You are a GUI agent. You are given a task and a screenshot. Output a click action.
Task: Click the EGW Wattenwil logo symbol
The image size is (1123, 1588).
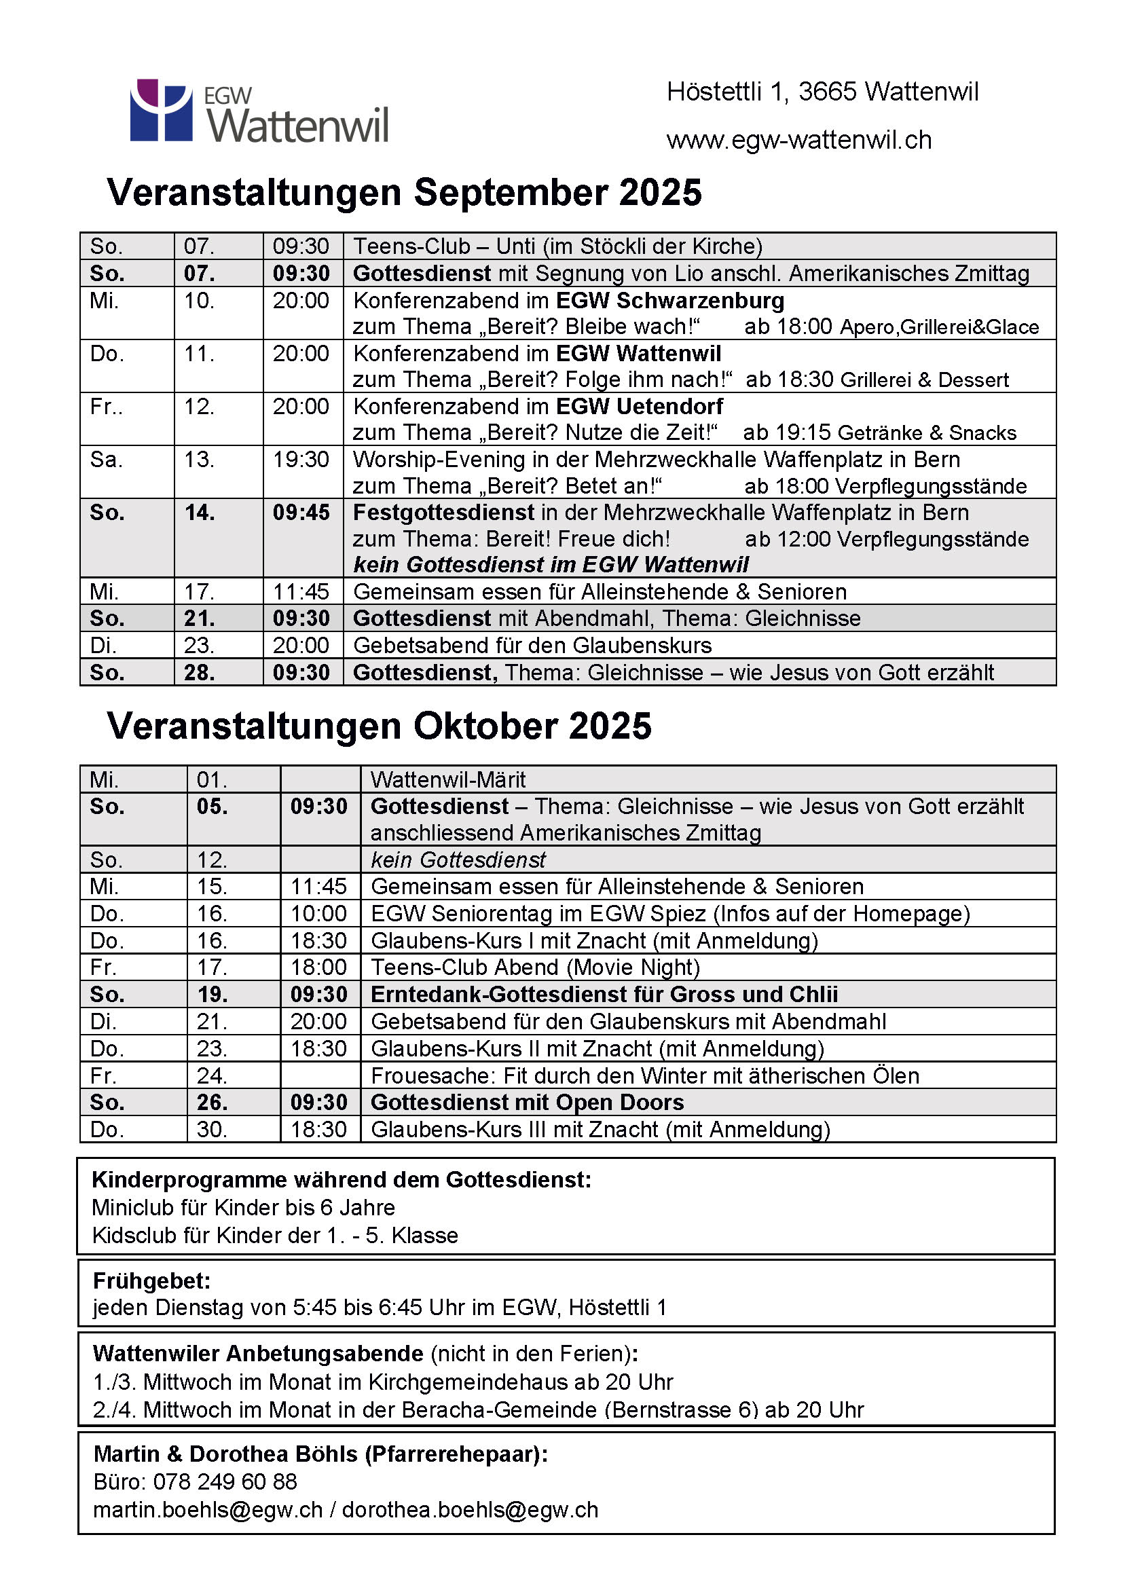coord(161,110)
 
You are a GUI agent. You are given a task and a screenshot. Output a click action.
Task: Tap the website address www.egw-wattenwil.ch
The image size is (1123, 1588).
coord(798,141)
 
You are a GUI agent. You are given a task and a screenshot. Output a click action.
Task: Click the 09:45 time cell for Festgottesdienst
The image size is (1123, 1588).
coord(301,513)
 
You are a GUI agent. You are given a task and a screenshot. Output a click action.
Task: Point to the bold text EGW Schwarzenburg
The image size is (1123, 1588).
coord(670,301)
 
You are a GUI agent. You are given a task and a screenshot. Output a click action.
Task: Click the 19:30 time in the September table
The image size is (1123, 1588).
coord(301,459)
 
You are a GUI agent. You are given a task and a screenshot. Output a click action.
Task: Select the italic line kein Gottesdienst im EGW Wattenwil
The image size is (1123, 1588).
coord(551,565)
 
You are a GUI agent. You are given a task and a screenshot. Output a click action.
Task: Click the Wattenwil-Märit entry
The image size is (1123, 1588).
coord(448,780)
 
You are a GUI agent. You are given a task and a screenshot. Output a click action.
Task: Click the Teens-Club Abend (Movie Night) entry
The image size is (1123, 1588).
coord(535,967)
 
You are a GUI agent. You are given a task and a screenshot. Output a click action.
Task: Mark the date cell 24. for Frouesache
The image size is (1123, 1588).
coord(212,1076)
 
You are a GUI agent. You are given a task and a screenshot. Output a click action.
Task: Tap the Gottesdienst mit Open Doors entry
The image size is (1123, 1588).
coord(527,1103)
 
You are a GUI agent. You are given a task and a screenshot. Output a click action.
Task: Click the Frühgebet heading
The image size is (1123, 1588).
coord(151,1281)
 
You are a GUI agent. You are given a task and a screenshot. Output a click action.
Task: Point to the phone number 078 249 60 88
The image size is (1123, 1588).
coord(225,1481)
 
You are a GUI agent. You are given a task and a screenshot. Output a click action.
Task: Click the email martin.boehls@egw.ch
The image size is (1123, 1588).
coord(208,1510)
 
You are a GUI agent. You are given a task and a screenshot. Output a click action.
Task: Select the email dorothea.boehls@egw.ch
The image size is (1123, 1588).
coord(471,1510)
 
